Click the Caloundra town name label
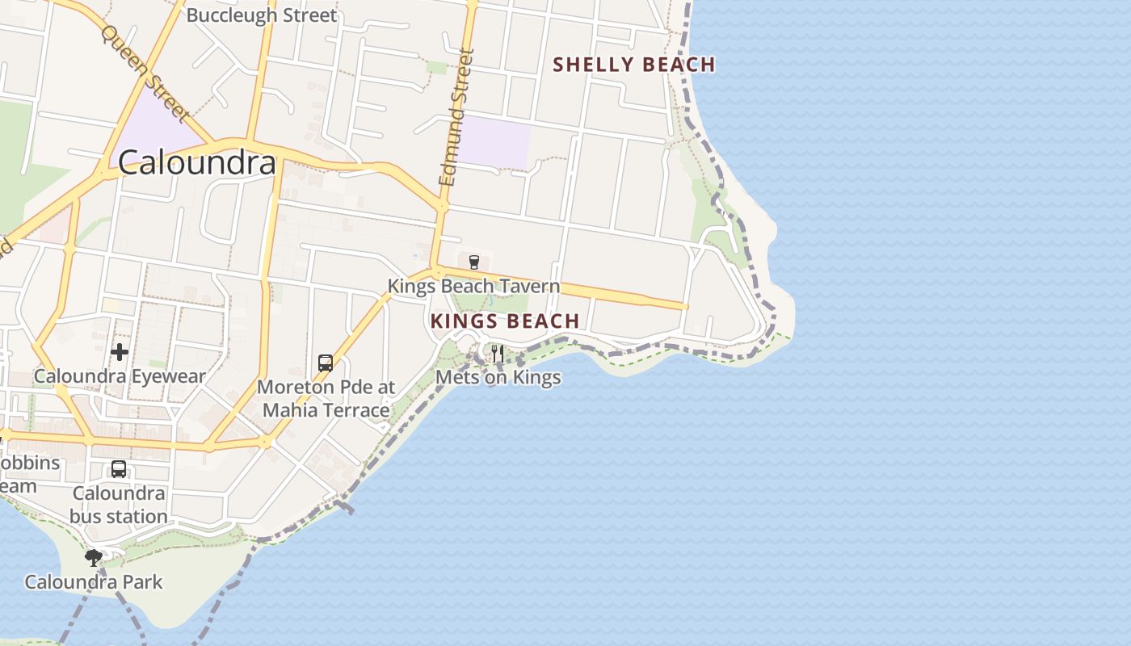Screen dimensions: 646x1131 197,163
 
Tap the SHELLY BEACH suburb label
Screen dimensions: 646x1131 634,65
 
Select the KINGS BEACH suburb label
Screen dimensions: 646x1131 505,321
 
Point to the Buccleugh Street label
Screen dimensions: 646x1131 261,15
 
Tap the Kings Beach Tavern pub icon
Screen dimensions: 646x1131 474,262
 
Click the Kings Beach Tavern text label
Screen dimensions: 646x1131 473,286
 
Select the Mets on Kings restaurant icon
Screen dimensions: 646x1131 498,354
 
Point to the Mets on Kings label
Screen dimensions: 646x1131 498,377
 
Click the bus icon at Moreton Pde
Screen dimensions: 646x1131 326,363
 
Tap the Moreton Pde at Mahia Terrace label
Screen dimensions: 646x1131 326,398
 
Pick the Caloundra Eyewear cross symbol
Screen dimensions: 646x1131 120,352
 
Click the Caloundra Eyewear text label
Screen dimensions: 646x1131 120,376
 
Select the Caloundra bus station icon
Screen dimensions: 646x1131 119,469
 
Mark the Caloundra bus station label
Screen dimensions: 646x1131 119,505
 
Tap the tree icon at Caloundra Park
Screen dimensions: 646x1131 94,556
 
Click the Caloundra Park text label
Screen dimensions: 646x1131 94,581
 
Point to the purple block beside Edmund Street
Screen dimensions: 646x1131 494,142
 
